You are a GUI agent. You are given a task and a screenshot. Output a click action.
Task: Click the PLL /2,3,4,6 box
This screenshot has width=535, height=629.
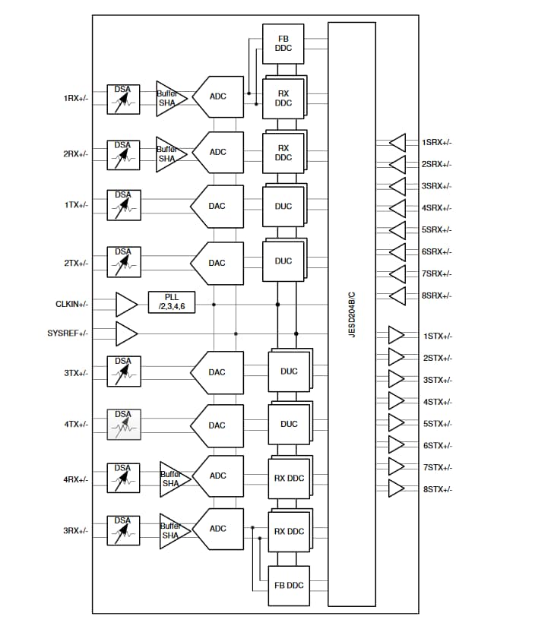[171, 301]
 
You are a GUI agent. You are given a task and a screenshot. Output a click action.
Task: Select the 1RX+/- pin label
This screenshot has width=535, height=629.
[75, 98]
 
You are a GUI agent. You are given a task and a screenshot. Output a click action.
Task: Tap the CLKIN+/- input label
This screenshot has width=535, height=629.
[71, 304]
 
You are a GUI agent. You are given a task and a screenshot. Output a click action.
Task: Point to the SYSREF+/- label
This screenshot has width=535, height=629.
[68, 333]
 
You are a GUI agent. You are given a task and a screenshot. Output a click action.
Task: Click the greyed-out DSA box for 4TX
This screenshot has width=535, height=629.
[123, 424]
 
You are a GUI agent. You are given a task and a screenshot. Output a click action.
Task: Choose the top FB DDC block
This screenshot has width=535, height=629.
[283, 43]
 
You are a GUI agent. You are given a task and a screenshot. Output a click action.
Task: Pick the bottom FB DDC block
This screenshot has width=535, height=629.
[289, 585]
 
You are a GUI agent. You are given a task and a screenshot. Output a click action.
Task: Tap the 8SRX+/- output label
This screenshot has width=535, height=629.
[436, 296]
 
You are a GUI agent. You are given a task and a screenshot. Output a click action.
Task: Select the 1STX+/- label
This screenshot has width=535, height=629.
[437, 336]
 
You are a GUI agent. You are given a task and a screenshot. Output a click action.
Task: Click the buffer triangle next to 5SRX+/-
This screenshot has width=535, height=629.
[397, 229]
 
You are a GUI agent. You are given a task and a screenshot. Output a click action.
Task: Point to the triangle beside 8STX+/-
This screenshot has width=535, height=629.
[397, 489]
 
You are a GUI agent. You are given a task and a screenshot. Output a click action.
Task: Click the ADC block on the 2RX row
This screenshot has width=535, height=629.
[218, 152]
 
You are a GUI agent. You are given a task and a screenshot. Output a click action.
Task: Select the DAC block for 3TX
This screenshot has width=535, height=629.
[217, 372]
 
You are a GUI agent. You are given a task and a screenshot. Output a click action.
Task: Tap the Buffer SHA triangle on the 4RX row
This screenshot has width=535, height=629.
[172, 476]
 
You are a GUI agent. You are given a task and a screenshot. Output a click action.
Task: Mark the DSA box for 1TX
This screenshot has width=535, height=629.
[123, 205]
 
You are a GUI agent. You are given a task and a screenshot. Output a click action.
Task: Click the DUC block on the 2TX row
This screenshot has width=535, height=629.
[283, 261]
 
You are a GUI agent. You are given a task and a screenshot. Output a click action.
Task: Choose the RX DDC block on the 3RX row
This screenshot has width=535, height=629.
[289, 531]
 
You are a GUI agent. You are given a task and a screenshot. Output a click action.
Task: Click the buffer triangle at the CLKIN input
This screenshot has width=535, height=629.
[126, 304]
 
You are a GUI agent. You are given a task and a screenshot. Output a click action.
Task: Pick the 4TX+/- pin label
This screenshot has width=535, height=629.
[75, 424]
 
